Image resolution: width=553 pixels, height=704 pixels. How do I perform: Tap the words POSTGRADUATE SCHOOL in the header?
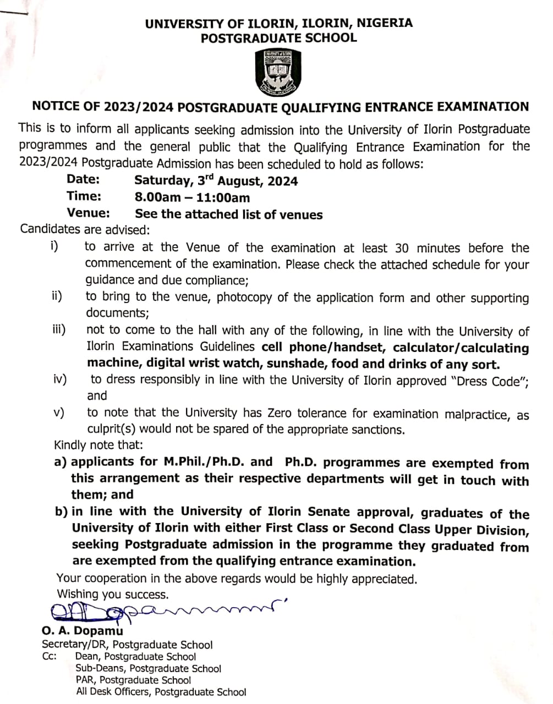click(278, 38)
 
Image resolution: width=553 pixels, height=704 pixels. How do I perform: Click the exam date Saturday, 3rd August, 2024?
click(216, 180)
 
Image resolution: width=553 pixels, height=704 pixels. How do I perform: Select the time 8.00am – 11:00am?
click(192, 197)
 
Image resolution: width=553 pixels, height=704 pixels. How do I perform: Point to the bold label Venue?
click(88, 213)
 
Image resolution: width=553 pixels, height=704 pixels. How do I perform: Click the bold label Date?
click(83, 179)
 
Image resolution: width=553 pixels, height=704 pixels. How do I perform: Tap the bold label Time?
click(84, 196)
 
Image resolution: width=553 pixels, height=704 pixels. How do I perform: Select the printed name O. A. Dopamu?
click(83, 631)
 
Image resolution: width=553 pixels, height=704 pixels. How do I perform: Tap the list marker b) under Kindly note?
click(61, 512)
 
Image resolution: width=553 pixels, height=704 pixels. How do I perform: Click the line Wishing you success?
click(113, 595)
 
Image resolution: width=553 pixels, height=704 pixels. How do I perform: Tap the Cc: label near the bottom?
click(49, 656)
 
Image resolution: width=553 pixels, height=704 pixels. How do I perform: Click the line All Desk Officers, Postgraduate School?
click(161, 692)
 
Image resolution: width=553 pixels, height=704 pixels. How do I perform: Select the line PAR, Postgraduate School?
click(134, 680)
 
